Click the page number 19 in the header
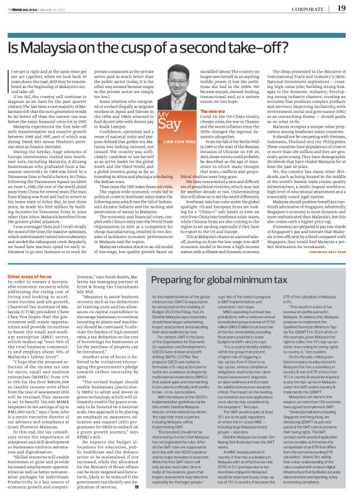point(341,7)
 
